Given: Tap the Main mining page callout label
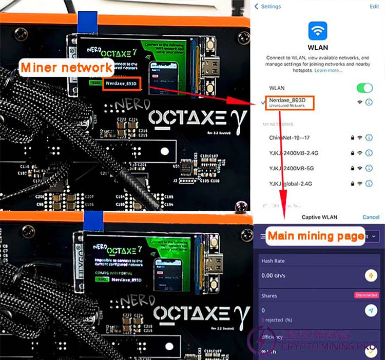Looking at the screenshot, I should (313, 236).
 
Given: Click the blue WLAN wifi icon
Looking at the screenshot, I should (318, 30).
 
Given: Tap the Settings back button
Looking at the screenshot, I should (267, 7).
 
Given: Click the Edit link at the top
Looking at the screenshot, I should (374, 7).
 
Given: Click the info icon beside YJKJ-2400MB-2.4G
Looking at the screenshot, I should (369, 153).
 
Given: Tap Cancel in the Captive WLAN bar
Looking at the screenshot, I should (371, 217).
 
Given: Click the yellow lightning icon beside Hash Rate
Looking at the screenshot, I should (370, 275).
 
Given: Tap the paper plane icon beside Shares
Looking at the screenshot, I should (370, 310).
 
